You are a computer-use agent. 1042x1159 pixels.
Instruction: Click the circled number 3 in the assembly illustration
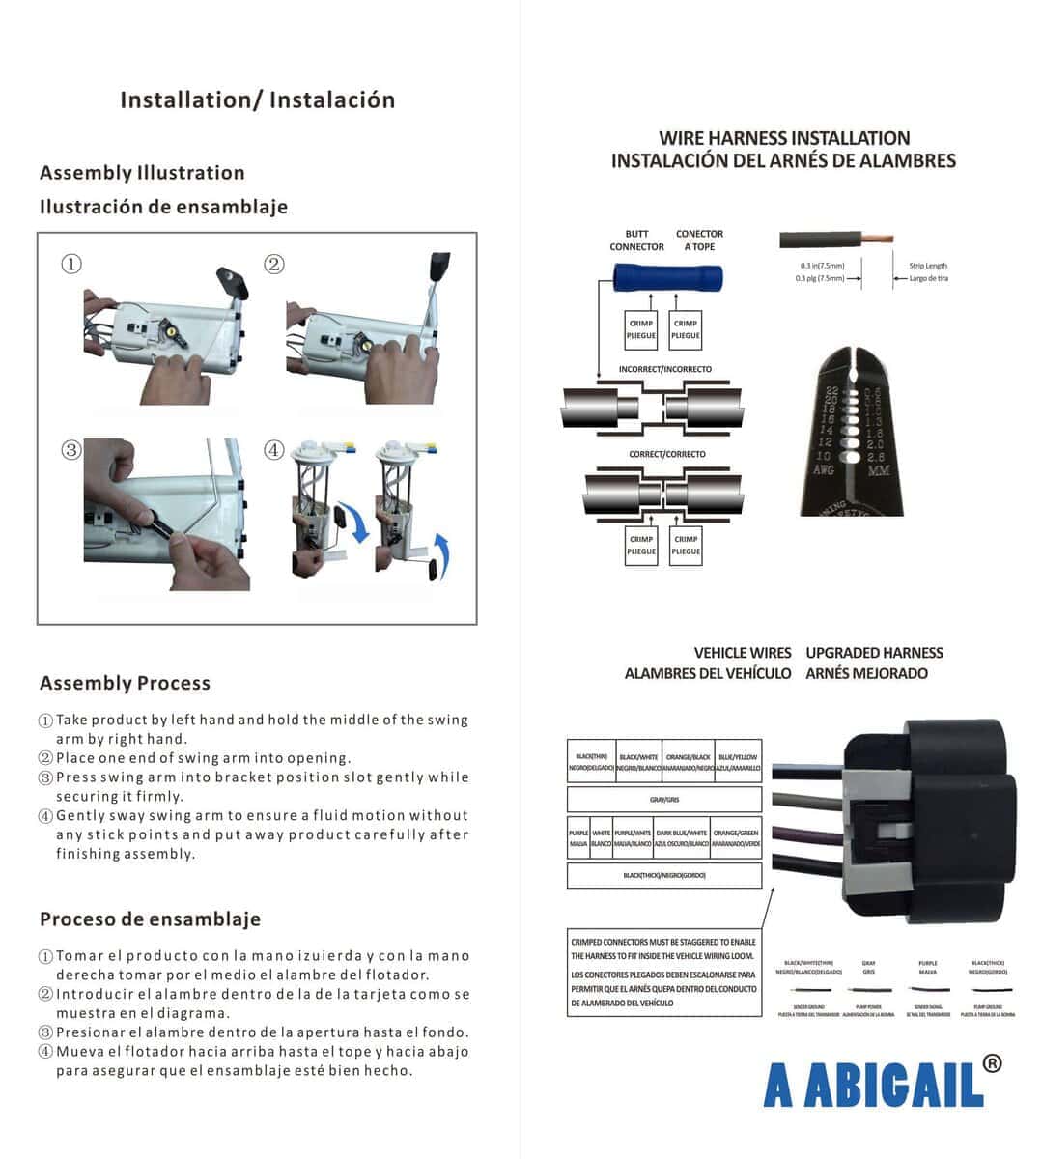[71, 450]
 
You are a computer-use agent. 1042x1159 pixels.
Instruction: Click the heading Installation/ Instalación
[257, 99]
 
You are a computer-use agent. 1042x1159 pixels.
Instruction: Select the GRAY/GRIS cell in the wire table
[664, 800]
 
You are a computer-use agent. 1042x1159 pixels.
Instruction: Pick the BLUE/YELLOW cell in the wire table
[738, 763]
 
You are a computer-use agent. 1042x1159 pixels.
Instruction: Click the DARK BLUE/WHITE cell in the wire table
[682, 838]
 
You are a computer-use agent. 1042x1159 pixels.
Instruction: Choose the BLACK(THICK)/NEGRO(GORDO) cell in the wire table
[664, 875]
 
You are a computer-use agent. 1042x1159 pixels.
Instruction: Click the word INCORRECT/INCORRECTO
[664, 369]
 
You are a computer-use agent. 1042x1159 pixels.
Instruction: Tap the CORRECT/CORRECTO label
[666, 454]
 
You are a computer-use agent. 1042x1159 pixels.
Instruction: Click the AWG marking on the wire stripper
[823, 470]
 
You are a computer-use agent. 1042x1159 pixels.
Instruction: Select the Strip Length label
[927, 266]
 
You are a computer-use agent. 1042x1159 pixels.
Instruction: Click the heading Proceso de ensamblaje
[150, 919]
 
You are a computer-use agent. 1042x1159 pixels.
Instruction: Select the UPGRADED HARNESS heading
[874, 653]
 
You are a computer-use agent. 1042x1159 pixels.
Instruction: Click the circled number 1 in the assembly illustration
[71, 264]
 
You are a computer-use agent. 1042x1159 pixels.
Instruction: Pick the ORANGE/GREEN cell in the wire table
[736, 838]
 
